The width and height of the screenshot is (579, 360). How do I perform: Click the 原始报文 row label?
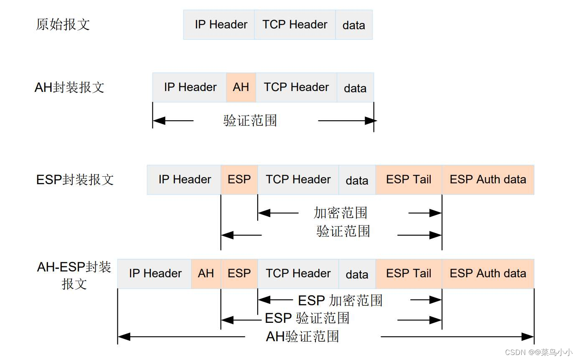(x=63, y=25)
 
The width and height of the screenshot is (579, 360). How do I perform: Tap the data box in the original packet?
(x=354, y=25)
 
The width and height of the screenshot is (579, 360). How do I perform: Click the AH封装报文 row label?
(x=69, y=88)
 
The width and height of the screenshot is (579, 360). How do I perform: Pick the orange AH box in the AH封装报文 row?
(x=241, y=87)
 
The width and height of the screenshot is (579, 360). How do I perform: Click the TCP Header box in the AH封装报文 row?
(x=296, y=87)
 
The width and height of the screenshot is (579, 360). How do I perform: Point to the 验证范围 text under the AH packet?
(x=250, y=121)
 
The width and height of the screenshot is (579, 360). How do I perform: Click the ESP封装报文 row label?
(x=75, y=180)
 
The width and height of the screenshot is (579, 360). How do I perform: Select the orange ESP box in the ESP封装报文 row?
(x=239, y=180)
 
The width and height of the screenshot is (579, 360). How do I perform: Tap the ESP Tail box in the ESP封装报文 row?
(x=409, y=180)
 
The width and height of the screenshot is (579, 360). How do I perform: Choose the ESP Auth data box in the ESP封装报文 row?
(x=488, y=180)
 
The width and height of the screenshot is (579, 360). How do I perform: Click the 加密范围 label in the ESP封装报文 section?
(x=340, y=213)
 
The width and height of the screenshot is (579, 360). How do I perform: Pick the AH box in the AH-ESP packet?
(x=206, y=274)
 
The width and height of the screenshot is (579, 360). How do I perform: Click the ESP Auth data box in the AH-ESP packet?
(x=488, y=274)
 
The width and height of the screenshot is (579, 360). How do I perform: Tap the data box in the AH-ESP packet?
(x=357, y=274)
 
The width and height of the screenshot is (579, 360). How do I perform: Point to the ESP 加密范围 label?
(x=340, y=300)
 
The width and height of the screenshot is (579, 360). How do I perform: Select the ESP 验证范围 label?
(x=307, y=318)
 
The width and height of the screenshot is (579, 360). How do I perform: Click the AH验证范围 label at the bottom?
(x=302, y=337)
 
